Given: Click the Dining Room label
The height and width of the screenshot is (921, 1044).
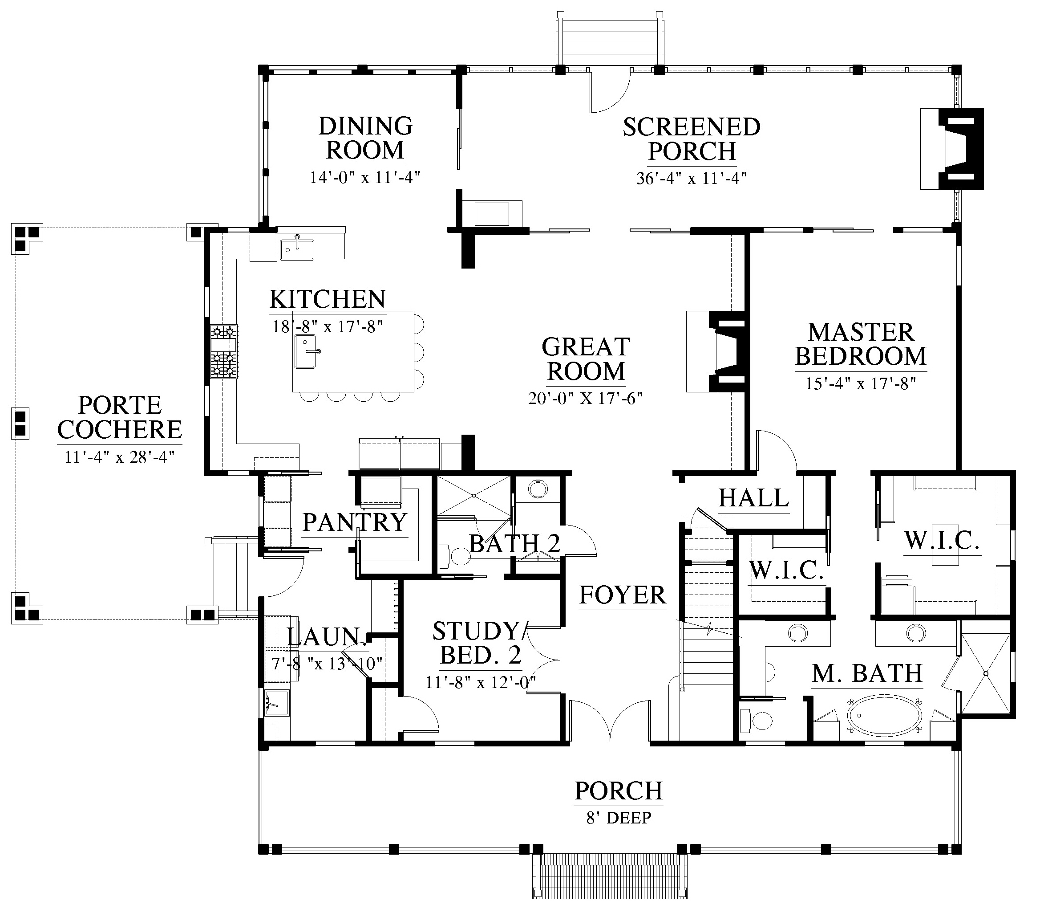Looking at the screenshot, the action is [x=365, y=138].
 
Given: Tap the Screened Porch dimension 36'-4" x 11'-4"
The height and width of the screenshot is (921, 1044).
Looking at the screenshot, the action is [x=692, y=179].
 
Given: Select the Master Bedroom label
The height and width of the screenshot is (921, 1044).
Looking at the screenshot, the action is [x=861, y=344].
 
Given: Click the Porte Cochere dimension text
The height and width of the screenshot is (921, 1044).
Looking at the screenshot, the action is [x=120, y=456].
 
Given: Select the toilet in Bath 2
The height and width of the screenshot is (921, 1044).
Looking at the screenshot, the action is [x=454, y=556].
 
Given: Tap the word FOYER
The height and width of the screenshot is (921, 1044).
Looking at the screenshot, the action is [x=623, y=595].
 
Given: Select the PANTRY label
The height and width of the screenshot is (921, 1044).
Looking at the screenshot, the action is [x=355, y=522].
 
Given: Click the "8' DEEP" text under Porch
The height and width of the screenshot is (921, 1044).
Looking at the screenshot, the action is [x=619, y=818].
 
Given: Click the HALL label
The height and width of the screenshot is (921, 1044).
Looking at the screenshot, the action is [x=754, y=498].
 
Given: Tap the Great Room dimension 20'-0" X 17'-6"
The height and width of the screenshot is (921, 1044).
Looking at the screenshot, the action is [x=585, y=398].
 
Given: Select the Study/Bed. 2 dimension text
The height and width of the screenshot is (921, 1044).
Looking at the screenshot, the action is [x=481, y=682].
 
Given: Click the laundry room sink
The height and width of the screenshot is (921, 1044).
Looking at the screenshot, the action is [x=277, y=702].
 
